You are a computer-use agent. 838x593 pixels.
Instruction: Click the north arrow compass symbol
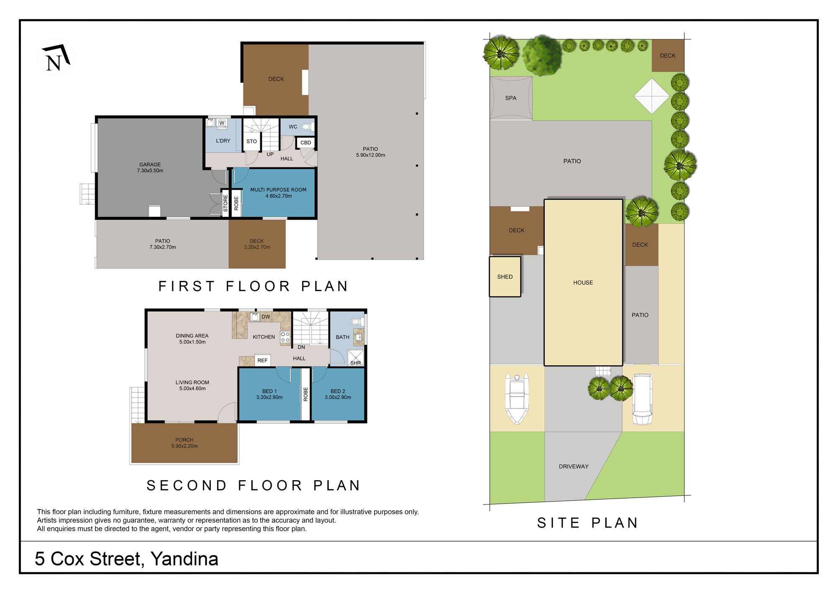tap(56, 57)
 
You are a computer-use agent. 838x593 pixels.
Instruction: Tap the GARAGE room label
tap(150, 165)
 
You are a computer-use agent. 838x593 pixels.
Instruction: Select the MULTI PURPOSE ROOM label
tap(278, 190)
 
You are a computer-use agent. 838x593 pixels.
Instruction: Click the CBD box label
tap(306, 143)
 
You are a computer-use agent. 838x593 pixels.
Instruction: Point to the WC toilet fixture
tap(307, 126)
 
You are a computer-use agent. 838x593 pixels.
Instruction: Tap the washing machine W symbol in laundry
tap(222, 123)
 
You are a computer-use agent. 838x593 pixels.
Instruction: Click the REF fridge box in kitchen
tap(262, 360)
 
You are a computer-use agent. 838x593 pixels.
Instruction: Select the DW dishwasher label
tap(266, 317)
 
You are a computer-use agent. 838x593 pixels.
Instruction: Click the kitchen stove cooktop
tap(285, 337)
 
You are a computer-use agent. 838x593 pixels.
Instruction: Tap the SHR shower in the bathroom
tap(355, 358)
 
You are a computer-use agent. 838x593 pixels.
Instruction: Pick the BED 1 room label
tap(269, 391)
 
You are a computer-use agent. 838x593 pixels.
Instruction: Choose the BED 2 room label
tap(338, 391)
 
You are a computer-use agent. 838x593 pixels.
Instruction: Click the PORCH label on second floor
tap(184, 440)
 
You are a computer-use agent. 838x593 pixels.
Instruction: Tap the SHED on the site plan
tap(505, 277)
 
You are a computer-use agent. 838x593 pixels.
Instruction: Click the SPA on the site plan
tap(511, 98)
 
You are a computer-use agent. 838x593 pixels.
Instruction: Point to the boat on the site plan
tap(517, 398)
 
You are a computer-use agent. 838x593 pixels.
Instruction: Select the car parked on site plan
tap(642, 400)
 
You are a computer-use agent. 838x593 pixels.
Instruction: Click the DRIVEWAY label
tap(574, 466)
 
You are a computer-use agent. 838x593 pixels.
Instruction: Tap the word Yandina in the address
tap(184, 559)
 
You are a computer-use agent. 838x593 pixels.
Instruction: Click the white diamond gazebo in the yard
tap(652, 96)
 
